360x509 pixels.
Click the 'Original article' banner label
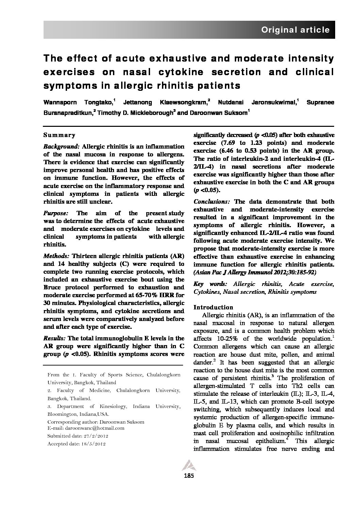(295, 30)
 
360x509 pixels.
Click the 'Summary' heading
(59, 135)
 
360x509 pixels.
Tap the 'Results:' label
(55, 338)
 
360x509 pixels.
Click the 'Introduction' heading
(213, 307)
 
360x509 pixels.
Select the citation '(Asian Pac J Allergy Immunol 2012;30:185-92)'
(255, 272)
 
